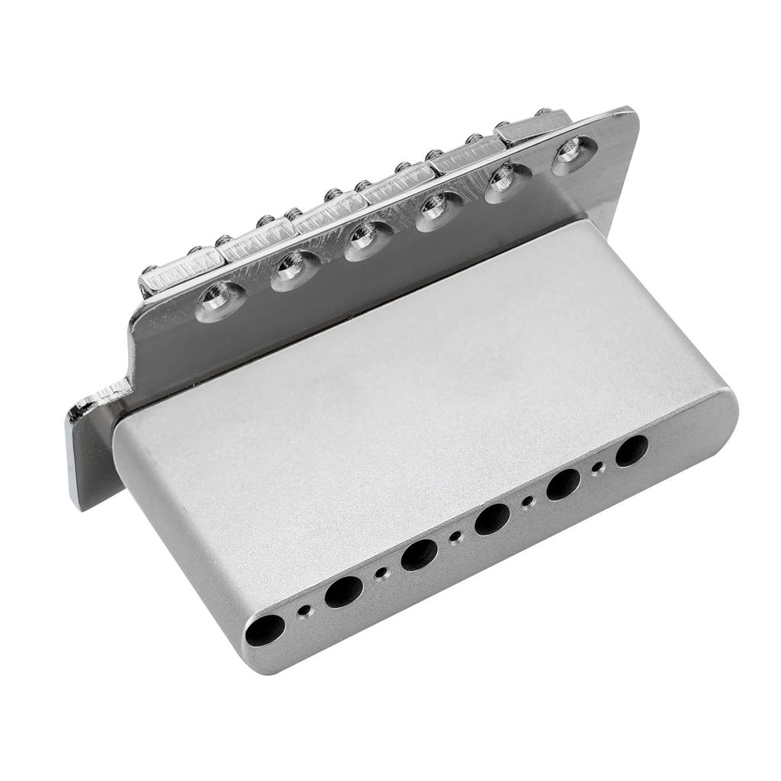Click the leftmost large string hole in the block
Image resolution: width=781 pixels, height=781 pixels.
(x=265, y=629)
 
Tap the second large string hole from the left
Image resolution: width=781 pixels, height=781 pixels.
(x=343, y=591)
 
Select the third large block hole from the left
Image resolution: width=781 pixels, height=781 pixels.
(x=419, y=554)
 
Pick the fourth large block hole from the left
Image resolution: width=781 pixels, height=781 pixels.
(x=492, y=519)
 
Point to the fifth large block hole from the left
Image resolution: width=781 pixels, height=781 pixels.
(x=563, y=484)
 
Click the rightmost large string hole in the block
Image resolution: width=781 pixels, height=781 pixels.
(x=632, y=450)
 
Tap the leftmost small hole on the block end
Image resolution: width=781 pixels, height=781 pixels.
(x=307, y=611)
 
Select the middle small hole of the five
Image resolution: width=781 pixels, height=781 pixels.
(x=456, y=538)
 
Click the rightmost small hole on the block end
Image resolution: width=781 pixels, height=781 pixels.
(x=599, y=467)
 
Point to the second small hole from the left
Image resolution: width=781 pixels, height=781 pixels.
(x=382, y=573)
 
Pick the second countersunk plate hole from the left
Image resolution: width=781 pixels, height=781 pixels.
(x=291, y=270)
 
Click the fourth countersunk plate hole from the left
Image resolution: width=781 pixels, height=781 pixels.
(x=438, y=211)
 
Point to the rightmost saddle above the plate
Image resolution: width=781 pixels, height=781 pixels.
(x=534, y=127)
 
